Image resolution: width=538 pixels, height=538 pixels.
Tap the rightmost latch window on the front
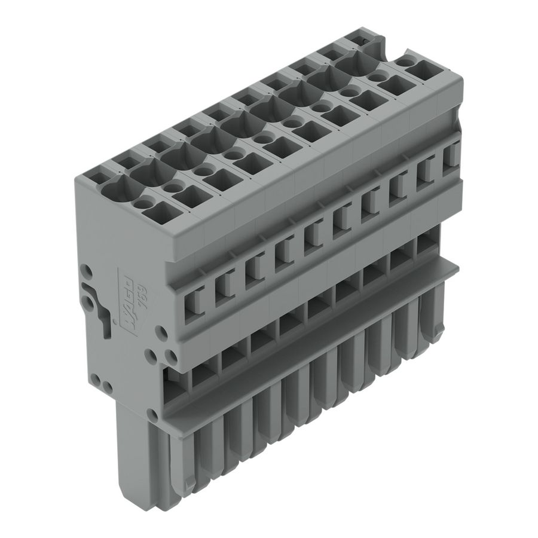click(x=449, y=162)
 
